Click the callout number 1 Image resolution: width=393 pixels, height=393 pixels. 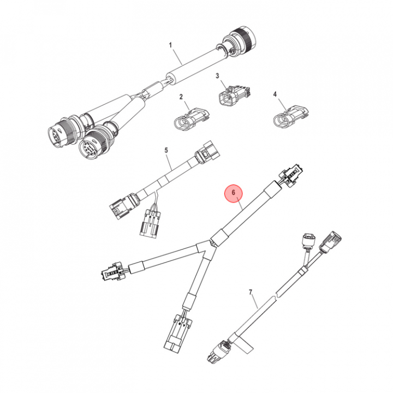(x=170, y=45)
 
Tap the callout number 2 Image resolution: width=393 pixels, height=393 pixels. (x=181, y=97)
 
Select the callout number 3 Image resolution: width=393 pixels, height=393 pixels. (x=217, y=75)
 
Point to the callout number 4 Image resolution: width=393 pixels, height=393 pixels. (x=275, y=94)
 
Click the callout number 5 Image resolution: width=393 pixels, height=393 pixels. (x=166, y=151)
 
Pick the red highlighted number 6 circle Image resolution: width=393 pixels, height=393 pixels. (x=234, y=193)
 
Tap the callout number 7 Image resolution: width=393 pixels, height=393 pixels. (x=251, y=292)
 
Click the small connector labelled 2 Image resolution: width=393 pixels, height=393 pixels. (x=192, y=119)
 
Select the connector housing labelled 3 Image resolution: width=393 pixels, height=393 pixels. (x=235, y=96)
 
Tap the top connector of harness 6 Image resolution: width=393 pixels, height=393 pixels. (x=291, y=175)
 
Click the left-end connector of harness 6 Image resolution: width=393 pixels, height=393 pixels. (x=112, y=271)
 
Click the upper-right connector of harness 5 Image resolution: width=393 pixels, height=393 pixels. (x=208, y=153)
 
